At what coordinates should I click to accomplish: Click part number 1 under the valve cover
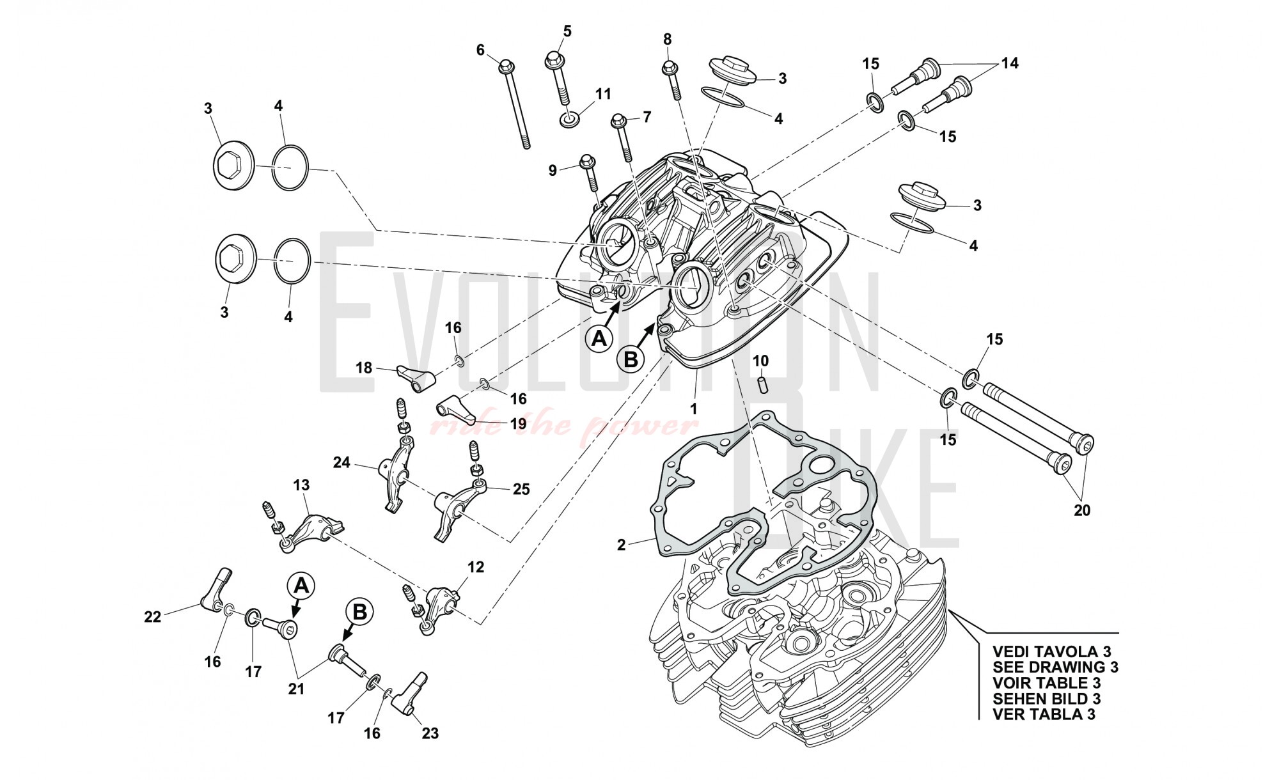click(693, 407)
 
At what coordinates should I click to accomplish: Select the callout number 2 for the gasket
click(622, 545)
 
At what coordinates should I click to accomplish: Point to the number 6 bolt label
click(481, 49)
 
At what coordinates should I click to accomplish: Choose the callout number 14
click(1010, 63)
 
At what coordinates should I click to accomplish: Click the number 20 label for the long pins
click(1082, 510)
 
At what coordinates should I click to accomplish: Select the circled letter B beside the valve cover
click(631, 360)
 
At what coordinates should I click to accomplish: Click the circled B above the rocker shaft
click(359, 612)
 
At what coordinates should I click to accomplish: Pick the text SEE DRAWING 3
click(1055, 667)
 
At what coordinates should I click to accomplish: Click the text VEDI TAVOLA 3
click(1051, 651)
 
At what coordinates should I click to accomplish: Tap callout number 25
click(521, 489)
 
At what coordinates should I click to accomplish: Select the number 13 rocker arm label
click(301, 485)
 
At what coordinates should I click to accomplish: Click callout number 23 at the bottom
click(430, 733)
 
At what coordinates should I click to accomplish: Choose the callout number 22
click(152, 616)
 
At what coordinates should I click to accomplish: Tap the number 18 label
click(364, 368)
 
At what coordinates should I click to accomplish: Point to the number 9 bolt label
click(553, 170)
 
